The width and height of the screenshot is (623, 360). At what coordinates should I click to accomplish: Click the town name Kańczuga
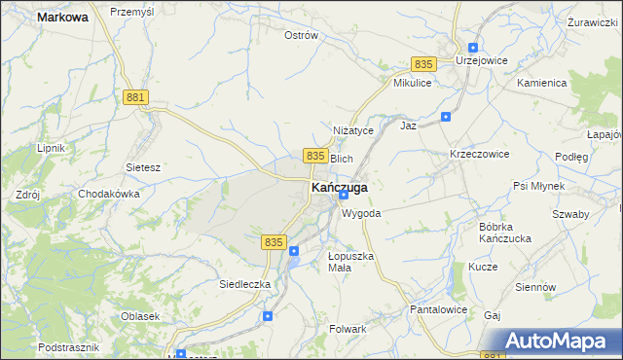coord(339,187)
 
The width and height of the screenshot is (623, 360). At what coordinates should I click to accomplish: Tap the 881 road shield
coord(135,97)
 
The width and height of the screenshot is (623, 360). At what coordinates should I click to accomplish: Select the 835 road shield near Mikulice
coord(422,63)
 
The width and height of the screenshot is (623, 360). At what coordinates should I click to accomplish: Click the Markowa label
coord(62,17)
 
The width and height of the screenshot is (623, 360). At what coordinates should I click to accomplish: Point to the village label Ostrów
coord(301,35)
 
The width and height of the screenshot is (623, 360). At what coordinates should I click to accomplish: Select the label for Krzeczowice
coord(480,155)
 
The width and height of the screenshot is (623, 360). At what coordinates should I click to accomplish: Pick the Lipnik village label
coord(50,148)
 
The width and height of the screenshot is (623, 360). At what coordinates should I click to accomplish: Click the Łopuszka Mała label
coord(350,262)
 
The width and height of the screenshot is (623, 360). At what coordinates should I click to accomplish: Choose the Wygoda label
coord(361,213)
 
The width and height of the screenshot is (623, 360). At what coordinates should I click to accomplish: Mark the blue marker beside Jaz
coord(446,117)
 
